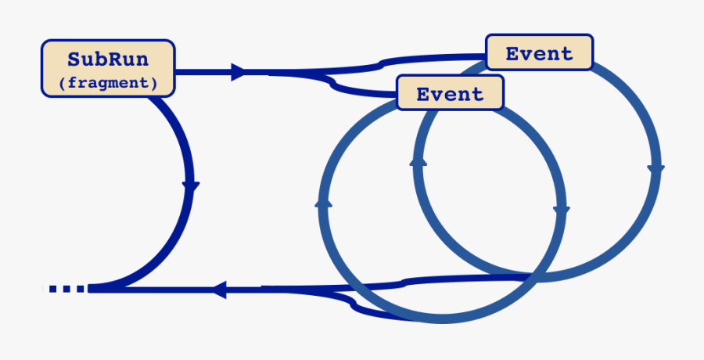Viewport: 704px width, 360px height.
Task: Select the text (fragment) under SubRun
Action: point(107,81)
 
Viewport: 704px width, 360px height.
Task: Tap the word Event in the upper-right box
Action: point(539,54)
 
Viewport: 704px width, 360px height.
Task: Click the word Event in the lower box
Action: point(450,95)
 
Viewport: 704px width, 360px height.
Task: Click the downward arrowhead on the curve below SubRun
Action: point(191,186)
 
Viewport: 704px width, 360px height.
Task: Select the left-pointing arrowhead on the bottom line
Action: point(219,290)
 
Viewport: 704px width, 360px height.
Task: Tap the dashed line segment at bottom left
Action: point(66,289)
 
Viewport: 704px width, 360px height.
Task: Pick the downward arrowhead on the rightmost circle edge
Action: point(656,168)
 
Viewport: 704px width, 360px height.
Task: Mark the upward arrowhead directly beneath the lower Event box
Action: point(418,160)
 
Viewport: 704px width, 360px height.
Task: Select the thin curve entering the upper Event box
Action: point(430,58)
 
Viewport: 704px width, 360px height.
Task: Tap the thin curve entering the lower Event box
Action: point(368,92)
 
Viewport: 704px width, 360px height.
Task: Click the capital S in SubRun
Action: point(74,59)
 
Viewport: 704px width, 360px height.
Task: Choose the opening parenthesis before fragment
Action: point(62,81)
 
